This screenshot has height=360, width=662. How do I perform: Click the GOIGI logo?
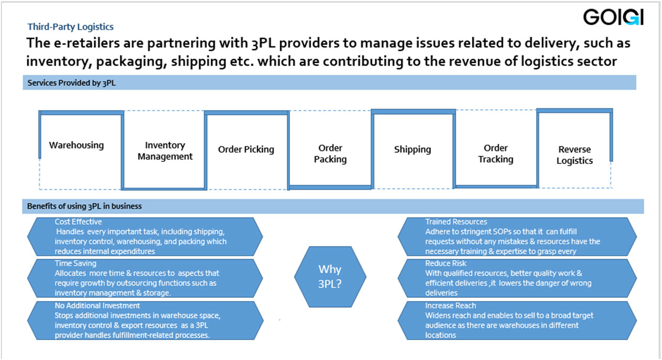point(613,18)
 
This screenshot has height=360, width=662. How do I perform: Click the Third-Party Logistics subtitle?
point(70,26)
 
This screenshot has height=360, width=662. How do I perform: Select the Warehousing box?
point(76,145)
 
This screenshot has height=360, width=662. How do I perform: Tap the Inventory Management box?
point(165,151)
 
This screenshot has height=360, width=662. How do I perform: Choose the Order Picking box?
point(246,149)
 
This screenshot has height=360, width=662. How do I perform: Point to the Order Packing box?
point(330,154)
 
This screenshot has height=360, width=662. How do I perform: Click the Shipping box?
point(412,149)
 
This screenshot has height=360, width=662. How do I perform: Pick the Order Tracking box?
point(495,154)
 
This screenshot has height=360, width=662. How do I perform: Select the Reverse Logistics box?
point(574,155)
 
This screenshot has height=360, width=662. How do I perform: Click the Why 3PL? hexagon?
point(330,276)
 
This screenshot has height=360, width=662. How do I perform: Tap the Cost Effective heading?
point(78,222)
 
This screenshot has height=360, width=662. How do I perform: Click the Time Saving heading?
point(75,264)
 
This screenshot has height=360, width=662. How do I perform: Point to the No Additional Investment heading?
point(97,305)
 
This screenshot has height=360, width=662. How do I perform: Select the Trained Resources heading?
point(456,222)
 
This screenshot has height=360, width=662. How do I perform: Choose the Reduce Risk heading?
point(446,263)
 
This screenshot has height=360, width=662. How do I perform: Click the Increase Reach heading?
point(450,305)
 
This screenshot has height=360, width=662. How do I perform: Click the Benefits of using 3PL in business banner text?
point(84,206)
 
